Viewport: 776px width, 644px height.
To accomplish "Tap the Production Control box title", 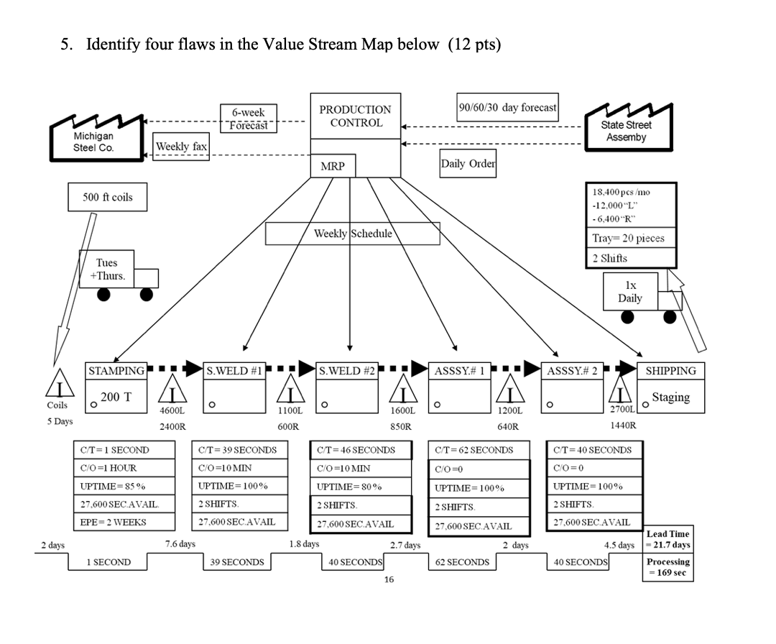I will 355,116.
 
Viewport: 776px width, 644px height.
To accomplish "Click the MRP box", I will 332,166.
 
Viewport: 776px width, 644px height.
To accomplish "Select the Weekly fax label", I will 182,147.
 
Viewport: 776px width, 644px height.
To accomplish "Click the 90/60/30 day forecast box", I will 507,108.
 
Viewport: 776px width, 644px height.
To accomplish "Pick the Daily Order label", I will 467,163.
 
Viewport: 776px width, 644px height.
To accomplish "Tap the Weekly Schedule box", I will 352,234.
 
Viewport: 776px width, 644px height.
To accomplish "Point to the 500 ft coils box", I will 108,197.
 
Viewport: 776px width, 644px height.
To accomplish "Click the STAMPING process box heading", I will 116,371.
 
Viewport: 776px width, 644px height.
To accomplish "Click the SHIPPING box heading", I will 670,371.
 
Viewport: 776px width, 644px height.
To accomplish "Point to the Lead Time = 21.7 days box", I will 668,539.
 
